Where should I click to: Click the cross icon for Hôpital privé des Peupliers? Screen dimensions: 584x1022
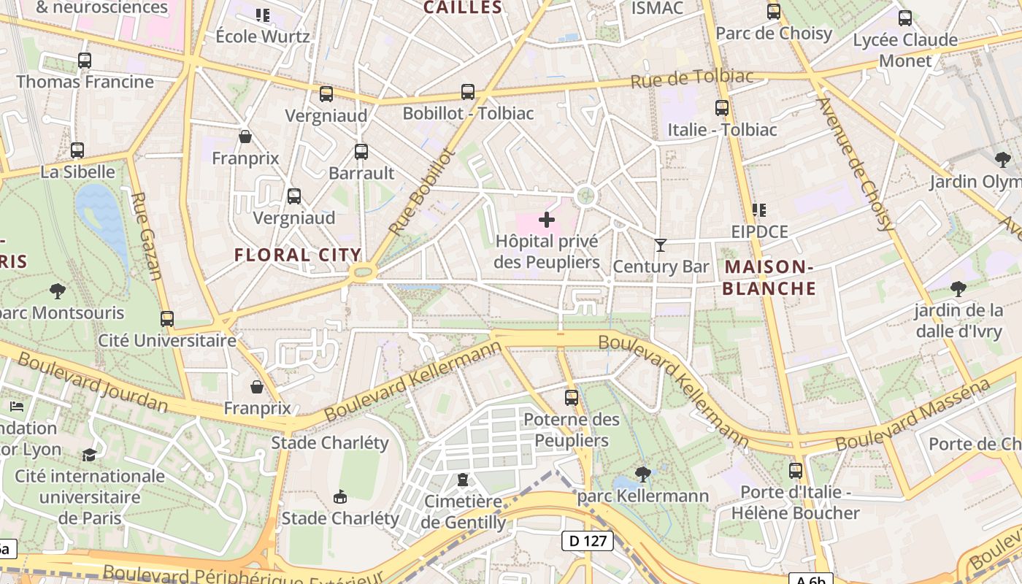(546, 219)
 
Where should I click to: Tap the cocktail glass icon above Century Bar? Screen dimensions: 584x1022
(661, 245)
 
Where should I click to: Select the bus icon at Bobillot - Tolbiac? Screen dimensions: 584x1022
(468, 92)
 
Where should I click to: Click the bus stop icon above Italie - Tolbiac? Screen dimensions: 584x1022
(722, 108)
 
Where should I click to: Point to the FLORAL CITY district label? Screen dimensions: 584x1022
(298, 255)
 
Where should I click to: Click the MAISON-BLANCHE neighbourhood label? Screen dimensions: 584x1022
(769, 277)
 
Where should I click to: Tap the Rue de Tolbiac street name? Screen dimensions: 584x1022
(682, 78)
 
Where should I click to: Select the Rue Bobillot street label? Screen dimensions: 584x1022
(422, 191)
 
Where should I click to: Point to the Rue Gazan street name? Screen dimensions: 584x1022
(146, 236)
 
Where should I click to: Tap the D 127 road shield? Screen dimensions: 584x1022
(587, 541)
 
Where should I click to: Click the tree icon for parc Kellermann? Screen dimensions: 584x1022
(642, 474)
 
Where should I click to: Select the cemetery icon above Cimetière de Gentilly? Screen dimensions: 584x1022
(462, 480)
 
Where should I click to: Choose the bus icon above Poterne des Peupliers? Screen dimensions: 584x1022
(572, 398)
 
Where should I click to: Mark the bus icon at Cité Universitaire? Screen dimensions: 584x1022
(167, 319)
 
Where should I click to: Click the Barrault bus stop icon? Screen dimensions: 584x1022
(361, 152)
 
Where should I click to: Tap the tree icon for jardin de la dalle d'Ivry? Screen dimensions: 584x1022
(958, 288)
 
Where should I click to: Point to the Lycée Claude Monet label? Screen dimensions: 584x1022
(905, 50)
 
